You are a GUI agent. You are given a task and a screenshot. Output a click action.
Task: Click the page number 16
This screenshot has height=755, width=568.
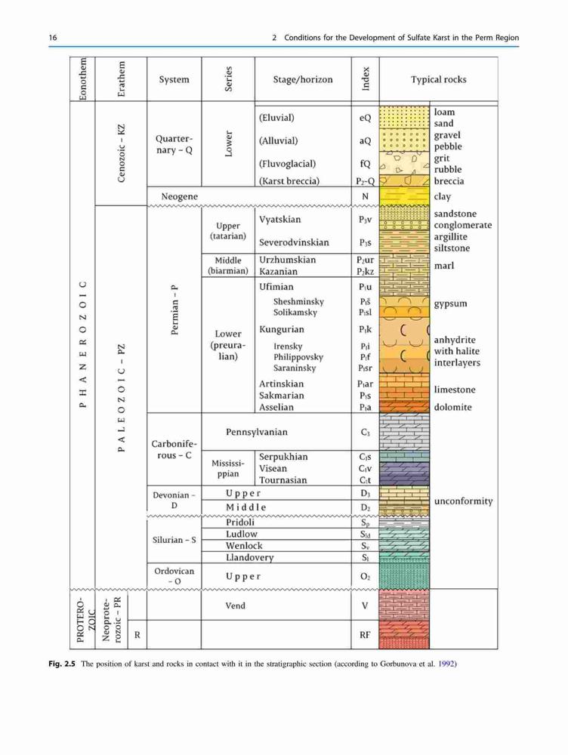pyautogui.click(x=53, y=38)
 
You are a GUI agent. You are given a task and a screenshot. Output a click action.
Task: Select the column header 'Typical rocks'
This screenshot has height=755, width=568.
pyautogui.click(x=438, y=79)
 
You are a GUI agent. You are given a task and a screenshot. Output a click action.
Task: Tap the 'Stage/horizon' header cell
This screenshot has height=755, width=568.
pyautogui.click(x=303, y=79)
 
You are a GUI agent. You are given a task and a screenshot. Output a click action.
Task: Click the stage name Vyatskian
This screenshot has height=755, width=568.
pyautogui.click(x=280, y=220)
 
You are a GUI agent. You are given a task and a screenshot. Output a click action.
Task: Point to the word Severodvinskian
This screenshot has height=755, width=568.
pyautogui.click(x=294, y=242)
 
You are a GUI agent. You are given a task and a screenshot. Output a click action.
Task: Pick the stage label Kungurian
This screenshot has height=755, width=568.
pyautogui.click(x=281, y=330)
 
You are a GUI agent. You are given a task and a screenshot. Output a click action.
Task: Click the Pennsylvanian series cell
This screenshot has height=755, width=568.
pyautogui.click(x=257, y=432)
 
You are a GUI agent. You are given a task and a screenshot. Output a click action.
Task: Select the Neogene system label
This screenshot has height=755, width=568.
pyautogui.click(x=179, y=196)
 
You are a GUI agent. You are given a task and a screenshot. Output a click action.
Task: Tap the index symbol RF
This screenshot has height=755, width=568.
pyautogui.click(x=365, y=635)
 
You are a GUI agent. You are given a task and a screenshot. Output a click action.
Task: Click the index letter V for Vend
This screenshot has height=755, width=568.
pyautogui.click(x=365, y=606)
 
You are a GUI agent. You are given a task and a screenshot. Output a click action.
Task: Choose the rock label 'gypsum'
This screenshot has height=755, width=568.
pyautogui.click(x=450, y=304)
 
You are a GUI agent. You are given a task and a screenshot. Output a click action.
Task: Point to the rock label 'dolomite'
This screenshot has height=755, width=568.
pyautogui.click(x=453, y=407)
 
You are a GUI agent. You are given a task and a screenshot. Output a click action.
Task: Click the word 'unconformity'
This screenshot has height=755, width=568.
pyautogui.click(x=464, y=501)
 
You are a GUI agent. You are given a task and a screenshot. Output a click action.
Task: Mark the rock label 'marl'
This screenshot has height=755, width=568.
pyautogui.click(x=443, y=265)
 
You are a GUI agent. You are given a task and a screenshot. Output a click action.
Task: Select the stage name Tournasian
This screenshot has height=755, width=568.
pyautogui.click(x=282, y=480)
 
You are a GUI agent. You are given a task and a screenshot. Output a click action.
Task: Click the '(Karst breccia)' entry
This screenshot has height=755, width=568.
pyautogui.click(x=289, y=181)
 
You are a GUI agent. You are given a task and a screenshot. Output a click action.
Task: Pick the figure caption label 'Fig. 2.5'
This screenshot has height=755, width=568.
pyautogui.click(x=62, y=664)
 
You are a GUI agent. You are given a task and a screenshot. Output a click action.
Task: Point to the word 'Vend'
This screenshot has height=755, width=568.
pyautogui.click(x=235, y=606)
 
